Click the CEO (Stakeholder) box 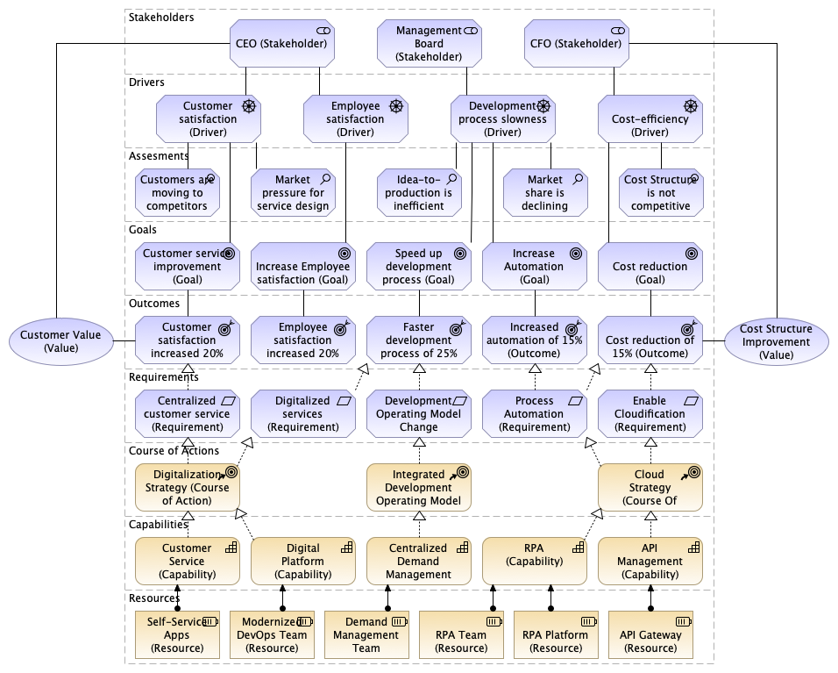click(282, 43)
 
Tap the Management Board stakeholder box click(430, 43)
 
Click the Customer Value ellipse click(60, 340)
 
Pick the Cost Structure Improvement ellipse click(776, 341)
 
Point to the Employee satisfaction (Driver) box click(355, 119)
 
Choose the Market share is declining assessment click(544, 193)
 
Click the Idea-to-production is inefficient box click(419, 193)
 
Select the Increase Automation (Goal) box click(534, 267)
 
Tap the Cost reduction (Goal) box click(650, 267)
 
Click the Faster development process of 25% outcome click(419, 340)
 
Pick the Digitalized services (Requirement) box click(302, 414)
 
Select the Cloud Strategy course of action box click(650, 488)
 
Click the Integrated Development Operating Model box click(419, 488)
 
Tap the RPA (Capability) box click(534, 562)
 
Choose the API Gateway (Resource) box click(650, 634)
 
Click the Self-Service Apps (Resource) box click(176, 634)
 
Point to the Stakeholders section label click(161, 17)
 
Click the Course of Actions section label click(173, 451)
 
